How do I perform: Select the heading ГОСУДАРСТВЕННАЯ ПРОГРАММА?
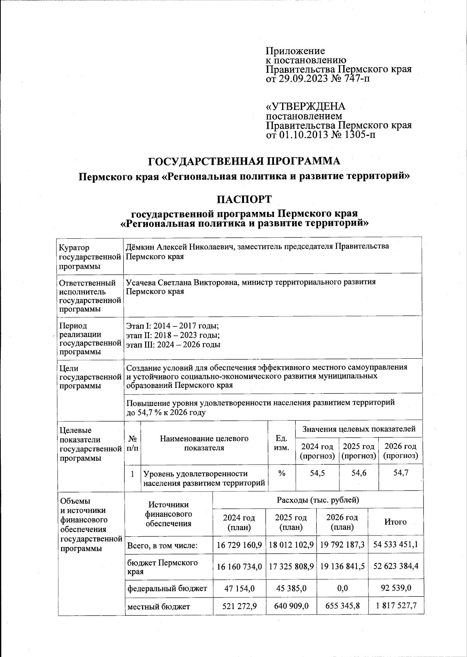click(245, 161)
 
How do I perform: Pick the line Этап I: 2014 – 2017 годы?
click(172, 326)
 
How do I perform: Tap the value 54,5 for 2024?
click(317, 473)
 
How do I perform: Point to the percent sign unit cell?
click(281, 473)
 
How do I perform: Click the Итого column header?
click(395, 522)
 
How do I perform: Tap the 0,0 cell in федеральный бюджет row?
click(342, 588)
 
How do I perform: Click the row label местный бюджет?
click(158, 606)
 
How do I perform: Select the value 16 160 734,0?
click(239, 566)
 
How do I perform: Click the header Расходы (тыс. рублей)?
click(318, 500)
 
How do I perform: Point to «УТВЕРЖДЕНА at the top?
click(305, 107)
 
